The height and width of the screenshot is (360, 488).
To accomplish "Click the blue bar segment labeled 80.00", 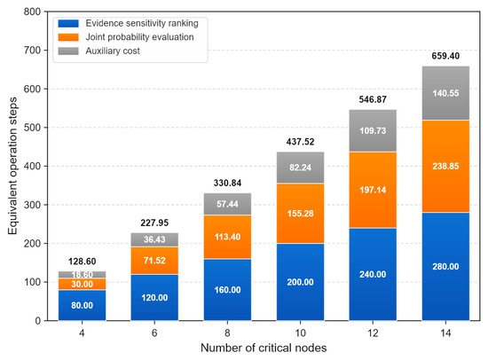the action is tap(82, 305).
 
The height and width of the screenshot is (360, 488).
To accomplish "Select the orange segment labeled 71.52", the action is tap(154, 261).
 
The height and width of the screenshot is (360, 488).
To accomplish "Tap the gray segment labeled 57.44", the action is tap(227, 204).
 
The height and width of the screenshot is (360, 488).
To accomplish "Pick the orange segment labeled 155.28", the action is tap(300, 214).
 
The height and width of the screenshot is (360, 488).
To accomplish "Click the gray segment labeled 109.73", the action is tap(373, 130).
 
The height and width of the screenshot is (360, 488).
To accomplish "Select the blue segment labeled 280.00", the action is tap(445, 266).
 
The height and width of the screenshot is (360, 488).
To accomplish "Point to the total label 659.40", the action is tap(445, 56).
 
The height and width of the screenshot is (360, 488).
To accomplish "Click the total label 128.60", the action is tap(82, 262).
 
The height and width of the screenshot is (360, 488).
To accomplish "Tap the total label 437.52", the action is tap(300, 142).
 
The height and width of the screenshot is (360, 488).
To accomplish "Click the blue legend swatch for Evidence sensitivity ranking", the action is tap(68, 23).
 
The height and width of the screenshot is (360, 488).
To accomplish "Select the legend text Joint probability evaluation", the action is tap(139, 37).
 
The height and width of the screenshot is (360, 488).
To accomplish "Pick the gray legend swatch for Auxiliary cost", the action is tap(68, 51).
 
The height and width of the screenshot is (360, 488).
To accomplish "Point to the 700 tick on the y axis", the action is tap(32, 50).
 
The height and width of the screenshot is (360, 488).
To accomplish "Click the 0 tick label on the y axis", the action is tap(37, 320).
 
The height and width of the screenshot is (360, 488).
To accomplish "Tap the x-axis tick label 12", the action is tap(373, 333).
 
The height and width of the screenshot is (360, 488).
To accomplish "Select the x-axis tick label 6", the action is tap(154, 333).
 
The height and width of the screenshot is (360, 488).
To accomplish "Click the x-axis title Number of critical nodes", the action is tap(264, 348).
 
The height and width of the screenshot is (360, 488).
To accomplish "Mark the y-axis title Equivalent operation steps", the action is tap(12, 166).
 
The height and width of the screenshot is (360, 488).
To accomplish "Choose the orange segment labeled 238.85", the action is tap(445, 166).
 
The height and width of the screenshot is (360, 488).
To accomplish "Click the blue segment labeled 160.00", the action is tap(227, 290).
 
